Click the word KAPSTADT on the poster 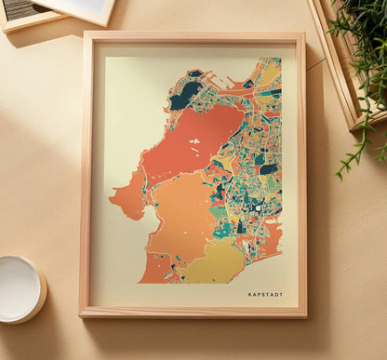pyautogui.click(x=265, y=295)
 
